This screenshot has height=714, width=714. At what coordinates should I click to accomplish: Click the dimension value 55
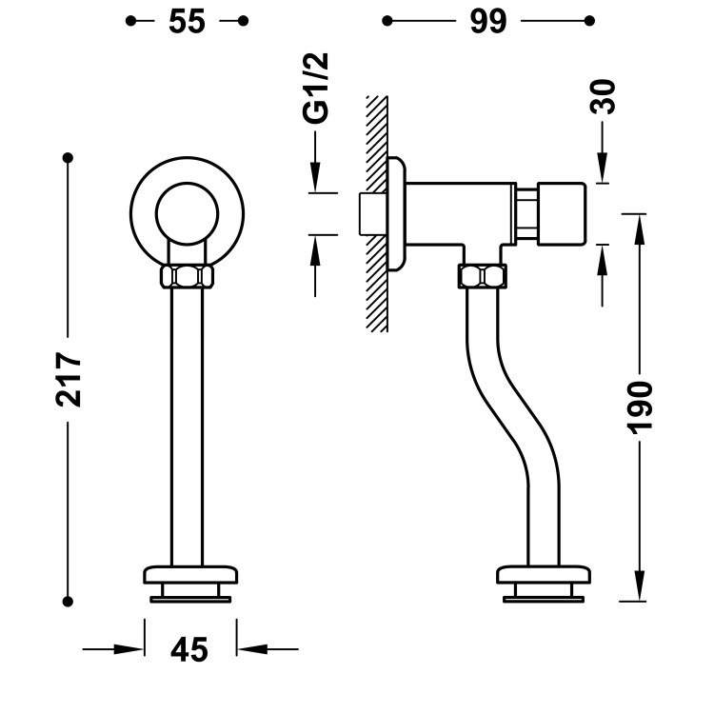188,21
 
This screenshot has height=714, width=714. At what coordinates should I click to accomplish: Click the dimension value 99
486,21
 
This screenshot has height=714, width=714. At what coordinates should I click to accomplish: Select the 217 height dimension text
69,379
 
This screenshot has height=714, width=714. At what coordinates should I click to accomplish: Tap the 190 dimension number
640,407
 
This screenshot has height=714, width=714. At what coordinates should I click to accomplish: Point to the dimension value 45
189,650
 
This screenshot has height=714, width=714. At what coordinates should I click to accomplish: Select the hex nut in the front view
188,277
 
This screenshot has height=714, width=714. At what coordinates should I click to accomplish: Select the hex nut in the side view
484,277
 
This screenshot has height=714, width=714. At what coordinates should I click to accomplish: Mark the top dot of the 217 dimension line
69,157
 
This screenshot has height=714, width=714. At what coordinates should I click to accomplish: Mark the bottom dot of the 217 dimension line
69,600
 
